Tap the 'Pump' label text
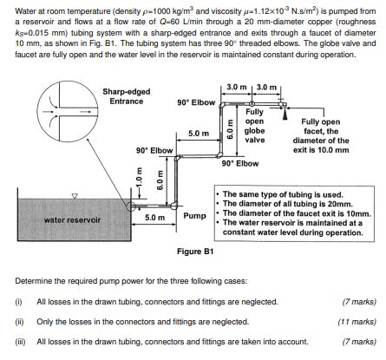[195, 213]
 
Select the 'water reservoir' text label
[73, 220]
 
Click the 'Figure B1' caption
[195, 252]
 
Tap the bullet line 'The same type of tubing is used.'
[278, 193]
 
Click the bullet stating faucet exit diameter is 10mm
[295, 213]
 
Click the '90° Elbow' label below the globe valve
[240, 162]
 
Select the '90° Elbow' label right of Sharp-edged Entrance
[195, 102]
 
